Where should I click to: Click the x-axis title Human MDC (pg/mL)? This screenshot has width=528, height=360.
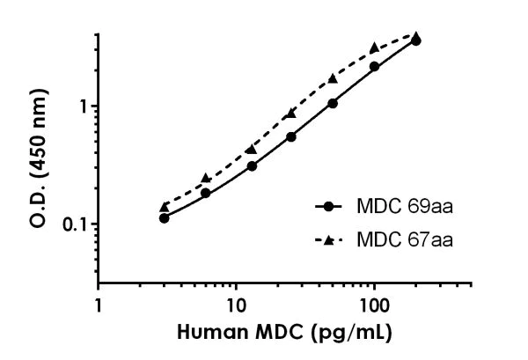click(284, 334)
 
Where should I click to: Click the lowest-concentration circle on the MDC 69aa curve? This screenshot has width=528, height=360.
click(164, 217)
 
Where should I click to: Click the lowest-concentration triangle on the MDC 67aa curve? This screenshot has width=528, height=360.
click(164, 207)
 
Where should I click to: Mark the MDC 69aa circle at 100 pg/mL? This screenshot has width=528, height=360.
click(374, 66)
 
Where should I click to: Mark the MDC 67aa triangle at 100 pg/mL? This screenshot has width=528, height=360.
click(374, 47)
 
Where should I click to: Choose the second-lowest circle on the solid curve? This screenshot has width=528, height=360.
click(206, 193)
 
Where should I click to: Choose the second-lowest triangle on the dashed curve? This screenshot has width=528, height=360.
click(206, 178)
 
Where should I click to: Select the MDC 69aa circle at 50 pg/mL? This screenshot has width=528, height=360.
click(333, 103)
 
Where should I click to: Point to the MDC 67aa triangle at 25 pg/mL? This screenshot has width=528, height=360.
click(291, 114)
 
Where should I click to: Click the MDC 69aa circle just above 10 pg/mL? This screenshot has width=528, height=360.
click(252, 165)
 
